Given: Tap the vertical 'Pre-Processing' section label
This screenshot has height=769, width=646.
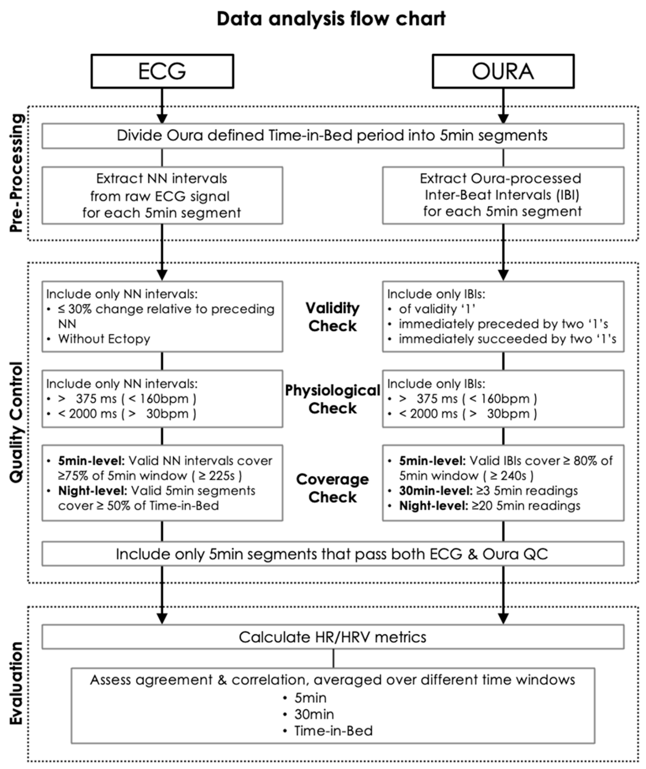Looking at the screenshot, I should (x=16, y=173).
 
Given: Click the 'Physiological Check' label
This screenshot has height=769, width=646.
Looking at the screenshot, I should (x=332, y=399).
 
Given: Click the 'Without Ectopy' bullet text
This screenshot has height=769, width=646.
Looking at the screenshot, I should (x=104, y=339).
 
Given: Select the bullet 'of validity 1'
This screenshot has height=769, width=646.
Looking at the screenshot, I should (x=437, y=309).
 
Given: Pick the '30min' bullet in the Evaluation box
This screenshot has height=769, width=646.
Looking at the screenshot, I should (x=314, y=714).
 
